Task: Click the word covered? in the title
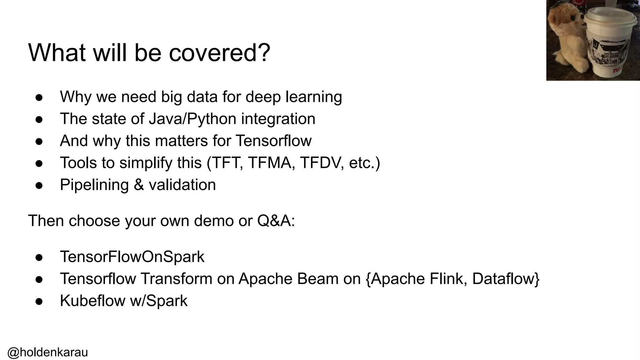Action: point(219,53)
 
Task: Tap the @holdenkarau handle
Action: point(47,352)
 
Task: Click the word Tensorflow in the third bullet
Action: point(273,141)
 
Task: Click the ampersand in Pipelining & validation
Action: point(139,185)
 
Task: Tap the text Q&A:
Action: point(276,221)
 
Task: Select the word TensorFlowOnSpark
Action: point(132,257)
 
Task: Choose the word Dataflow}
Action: point(506,279)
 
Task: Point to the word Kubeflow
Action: point(92,301)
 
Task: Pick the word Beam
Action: point(317,279)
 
